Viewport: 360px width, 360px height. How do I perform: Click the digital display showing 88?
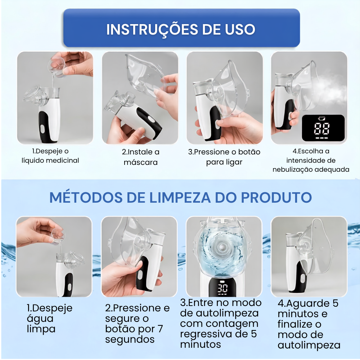(x=323, y=128)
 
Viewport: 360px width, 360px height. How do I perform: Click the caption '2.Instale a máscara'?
(x=140, y=157)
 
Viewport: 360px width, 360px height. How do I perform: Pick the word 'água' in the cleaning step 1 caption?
(x=40, y=319)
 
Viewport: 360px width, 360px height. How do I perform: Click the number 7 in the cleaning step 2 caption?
(x=160, y=329)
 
